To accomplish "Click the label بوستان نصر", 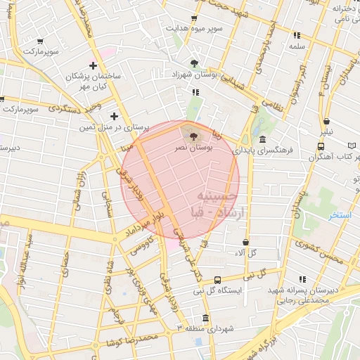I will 193,149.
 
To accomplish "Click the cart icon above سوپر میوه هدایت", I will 194,18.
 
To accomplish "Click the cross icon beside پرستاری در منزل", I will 114,116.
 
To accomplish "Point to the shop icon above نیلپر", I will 326,120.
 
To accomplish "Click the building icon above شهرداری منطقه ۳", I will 205,317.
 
